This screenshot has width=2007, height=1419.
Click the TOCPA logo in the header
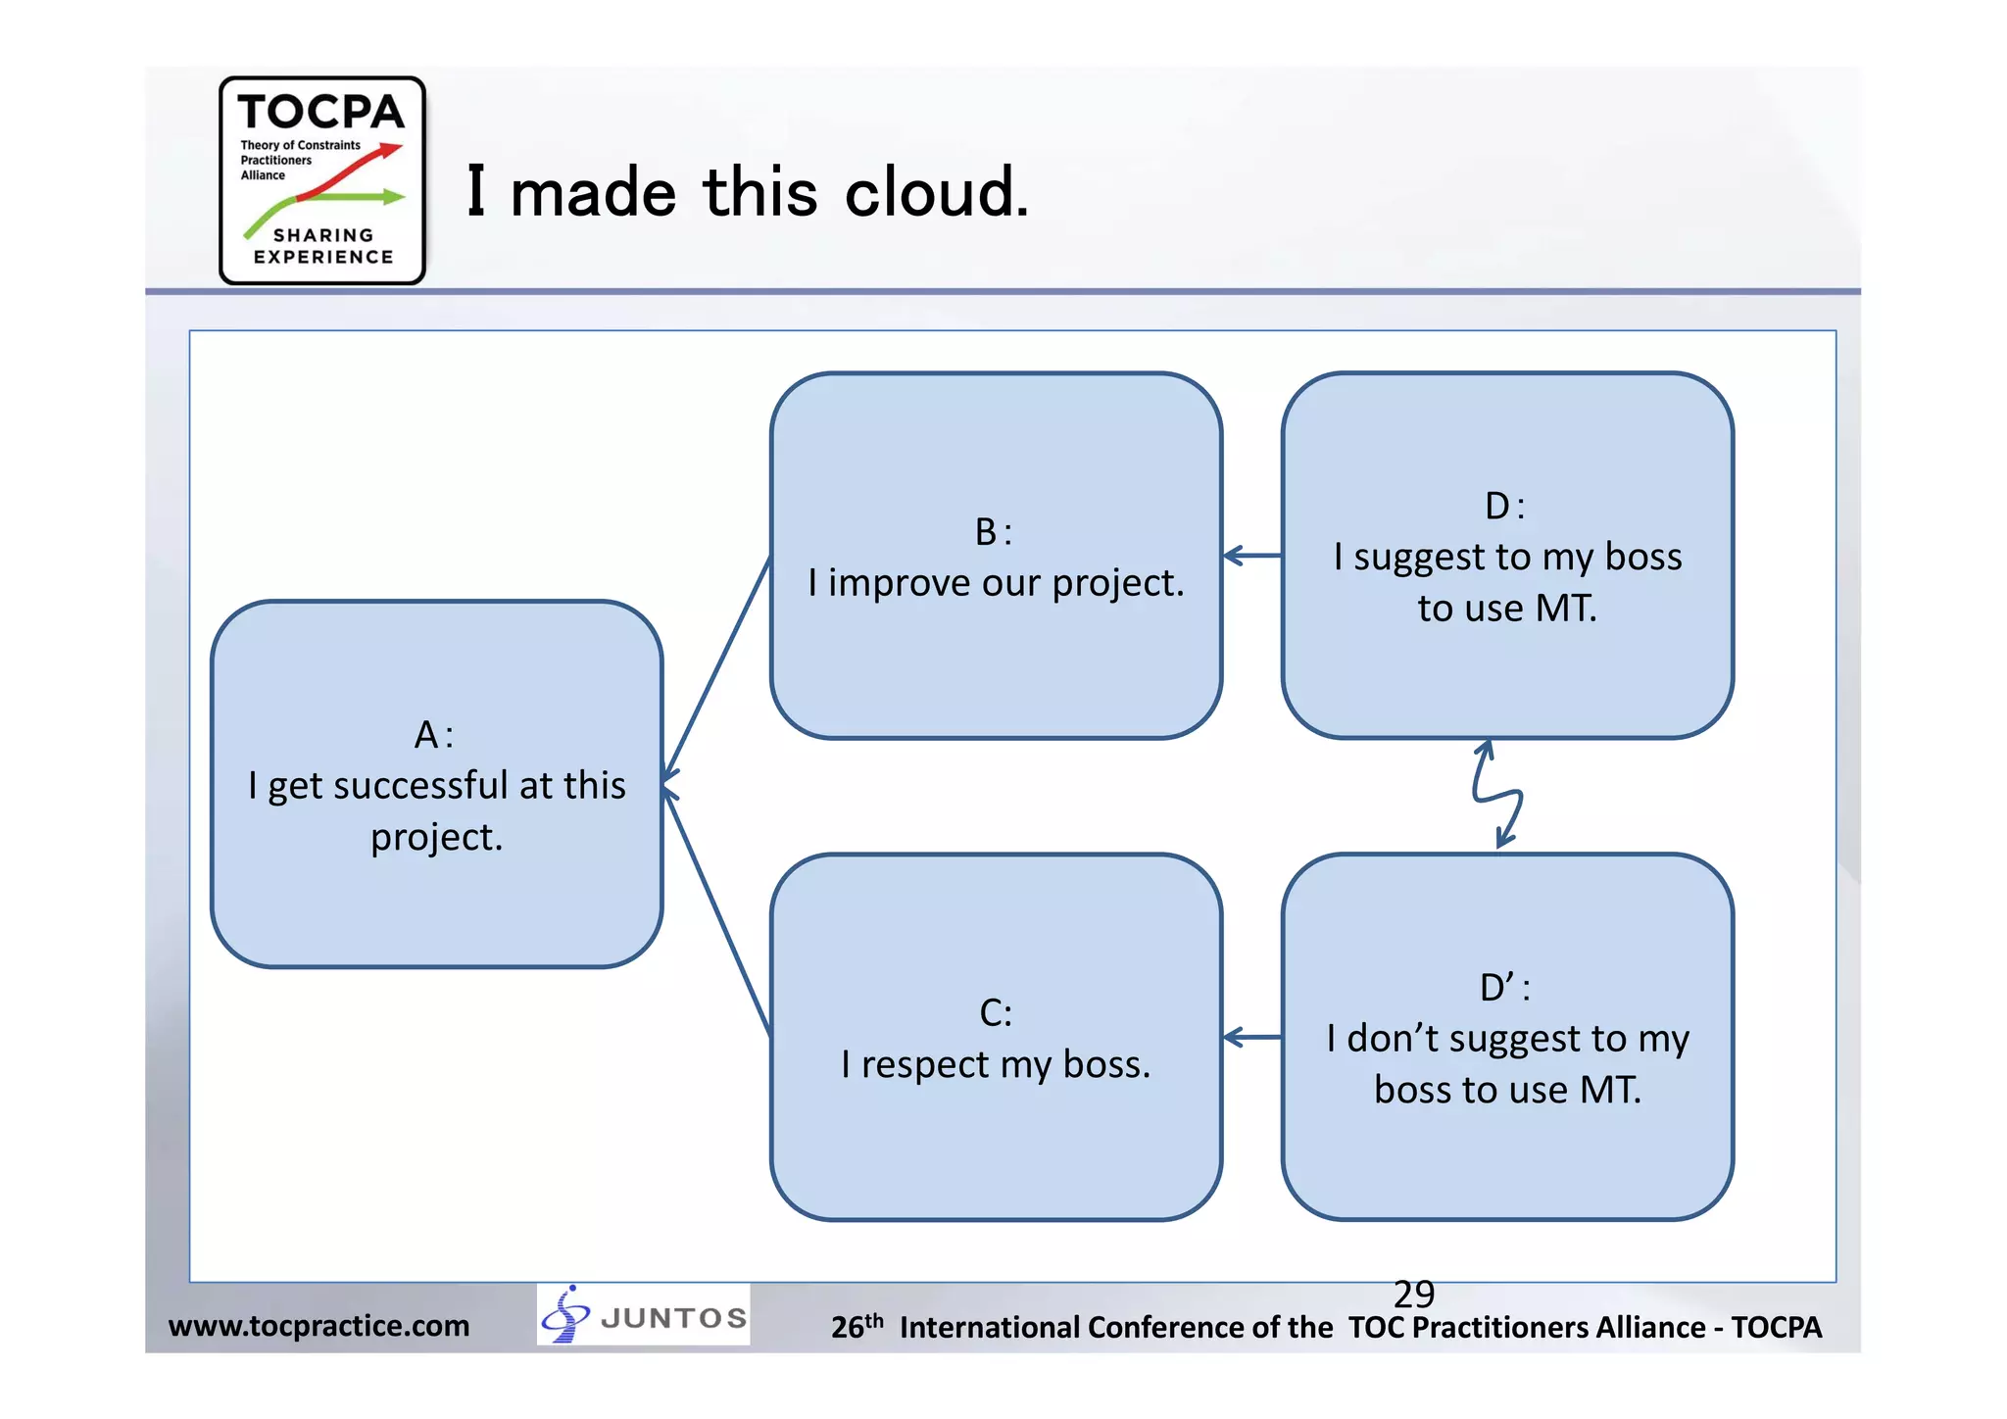click(x=321, y=180)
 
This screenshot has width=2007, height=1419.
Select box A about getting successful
click(x=436, y=784)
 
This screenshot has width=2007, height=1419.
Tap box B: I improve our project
click(x=996, y=556)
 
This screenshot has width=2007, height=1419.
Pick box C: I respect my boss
click(x=996, y=1037)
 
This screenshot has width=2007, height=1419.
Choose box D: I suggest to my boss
click(x=1507, y=556)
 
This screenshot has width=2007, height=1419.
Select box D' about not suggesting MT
click(x=1507, y=1037)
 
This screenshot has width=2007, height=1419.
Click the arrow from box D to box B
click(x=1252, y=556)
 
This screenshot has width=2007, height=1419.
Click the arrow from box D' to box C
click(x=1252, y=1037)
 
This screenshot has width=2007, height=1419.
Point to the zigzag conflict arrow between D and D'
click(x=1497, y=795)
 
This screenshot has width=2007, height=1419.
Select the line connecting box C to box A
click(x=717, y=910)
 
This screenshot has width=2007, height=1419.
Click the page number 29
click(x=1413, y=1295)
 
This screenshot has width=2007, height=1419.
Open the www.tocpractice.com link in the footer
click(x=318, y=1326)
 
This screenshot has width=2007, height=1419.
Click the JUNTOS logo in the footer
click(x=644, y=1315)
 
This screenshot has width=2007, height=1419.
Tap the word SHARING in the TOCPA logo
click(x=323, y=235)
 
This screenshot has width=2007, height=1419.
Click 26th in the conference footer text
click(x=857, y=1326)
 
